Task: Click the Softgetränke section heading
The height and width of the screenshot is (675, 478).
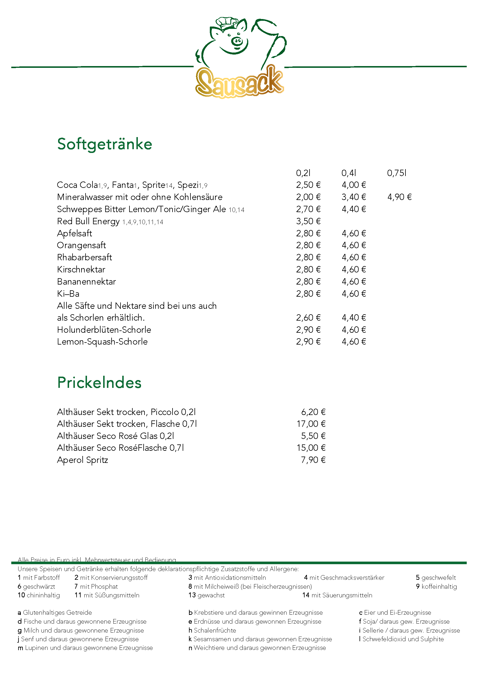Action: click(105, 144)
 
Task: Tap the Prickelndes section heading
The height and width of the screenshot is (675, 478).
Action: click(99, 383)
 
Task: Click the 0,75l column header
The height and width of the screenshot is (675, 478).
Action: click(397, 173)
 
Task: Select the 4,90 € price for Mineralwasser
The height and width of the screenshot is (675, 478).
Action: click(399, 197)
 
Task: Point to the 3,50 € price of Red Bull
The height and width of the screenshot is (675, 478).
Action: click(308, 221)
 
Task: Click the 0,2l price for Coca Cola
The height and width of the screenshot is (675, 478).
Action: click(308, 185)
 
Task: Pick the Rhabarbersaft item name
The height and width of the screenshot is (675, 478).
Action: click(84, 257)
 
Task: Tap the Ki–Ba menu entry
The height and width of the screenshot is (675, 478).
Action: click(68, 294)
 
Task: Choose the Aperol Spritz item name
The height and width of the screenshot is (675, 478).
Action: click(82, 460)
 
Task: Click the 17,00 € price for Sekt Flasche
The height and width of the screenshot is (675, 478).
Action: click(311, 424)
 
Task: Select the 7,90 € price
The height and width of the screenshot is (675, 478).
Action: click(313, 460)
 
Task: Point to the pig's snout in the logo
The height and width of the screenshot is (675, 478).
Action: click(237, 41)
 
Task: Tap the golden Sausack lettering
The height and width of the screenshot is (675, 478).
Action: click(239, 82)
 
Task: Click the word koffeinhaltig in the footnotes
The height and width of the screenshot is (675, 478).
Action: click(439, 586)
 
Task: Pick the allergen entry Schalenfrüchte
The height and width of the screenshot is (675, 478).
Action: click(214, 630)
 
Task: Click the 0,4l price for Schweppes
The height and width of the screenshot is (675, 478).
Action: click(354, 209)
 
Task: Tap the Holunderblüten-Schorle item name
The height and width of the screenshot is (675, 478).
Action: click(104, 330)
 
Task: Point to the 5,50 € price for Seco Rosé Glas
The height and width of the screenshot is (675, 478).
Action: click(313, 436)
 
